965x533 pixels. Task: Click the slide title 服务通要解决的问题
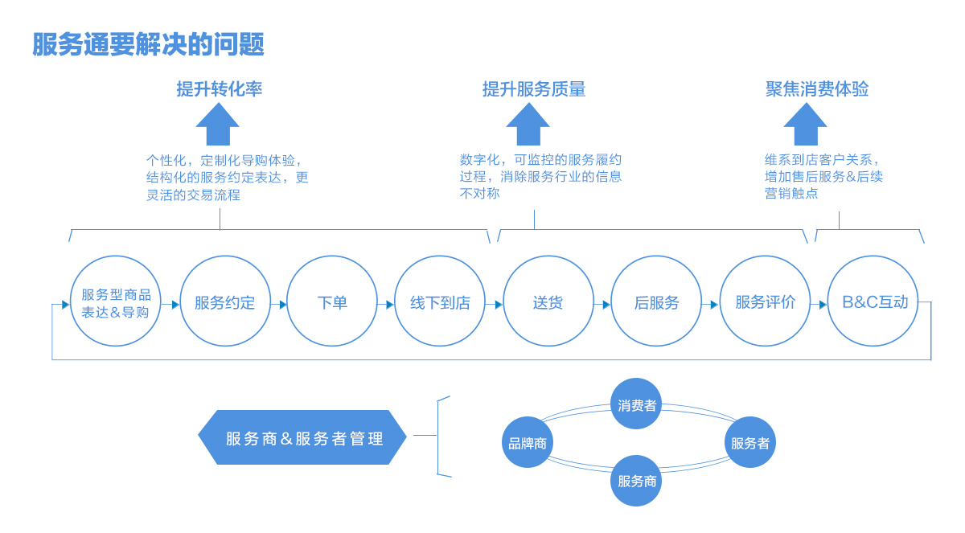[x=149, y=45]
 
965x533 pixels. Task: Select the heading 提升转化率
[x=219, y=89]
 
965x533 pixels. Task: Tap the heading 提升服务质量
[x=533, y=89]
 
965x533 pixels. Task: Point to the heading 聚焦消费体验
[x=816, y=89]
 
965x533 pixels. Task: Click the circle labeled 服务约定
[x=224, y=302]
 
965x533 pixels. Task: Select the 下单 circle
[x=332, y=302]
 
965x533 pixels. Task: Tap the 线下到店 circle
[x=440, y=302]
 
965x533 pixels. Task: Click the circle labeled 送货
[x=548, y=302]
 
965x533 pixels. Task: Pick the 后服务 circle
[x=656, y=302]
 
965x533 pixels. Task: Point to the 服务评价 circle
[x=765, y=302]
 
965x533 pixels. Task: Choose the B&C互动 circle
[x=873, y=302]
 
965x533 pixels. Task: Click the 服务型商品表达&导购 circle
[x=116, y=302]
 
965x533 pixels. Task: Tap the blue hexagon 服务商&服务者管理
[x=303, y=438]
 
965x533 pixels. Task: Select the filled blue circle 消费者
[x=636, y=404]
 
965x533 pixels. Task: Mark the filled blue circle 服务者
[x=749, y=442]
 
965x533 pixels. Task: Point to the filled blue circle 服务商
[x=636, y=481]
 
